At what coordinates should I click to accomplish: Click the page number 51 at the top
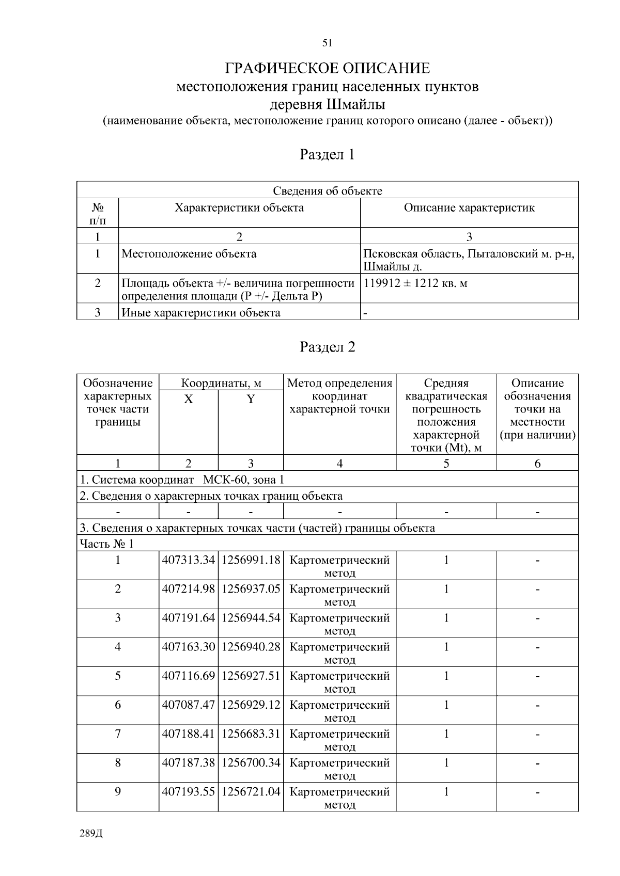[327, 43]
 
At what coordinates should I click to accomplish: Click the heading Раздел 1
[327, 154]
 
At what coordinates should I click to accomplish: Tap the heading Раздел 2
[327, 347]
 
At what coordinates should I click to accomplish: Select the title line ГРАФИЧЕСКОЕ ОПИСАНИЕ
[327, 68]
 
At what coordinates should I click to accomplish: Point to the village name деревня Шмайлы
[327, 105]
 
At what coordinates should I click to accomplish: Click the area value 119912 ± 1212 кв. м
[415, 283]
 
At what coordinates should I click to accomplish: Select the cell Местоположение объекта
[189, 254]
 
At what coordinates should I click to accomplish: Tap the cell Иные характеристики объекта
[201, 313]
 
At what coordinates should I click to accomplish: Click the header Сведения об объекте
[327, 191]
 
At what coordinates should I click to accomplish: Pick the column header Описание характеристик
[469, 208]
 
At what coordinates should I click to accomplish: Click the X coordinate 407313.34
[188, 560]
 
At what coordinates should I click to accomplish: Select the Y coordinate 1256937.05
[251, 589]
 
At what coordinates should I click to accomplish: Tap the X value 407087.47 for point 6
[188, 705]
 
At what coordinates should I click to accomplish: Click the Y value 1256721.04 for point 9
[251, 791]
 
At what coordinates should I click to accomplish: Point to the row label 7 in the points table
[118, 734]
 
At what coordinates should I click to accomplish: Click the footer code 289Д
[91, 834]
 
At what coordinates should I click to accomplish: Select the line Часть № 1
[106, 544]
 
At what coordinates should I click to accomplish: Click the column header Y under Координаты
[251, 399]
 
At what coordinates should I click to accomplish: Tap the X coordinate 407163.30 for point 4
[188, 647]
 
